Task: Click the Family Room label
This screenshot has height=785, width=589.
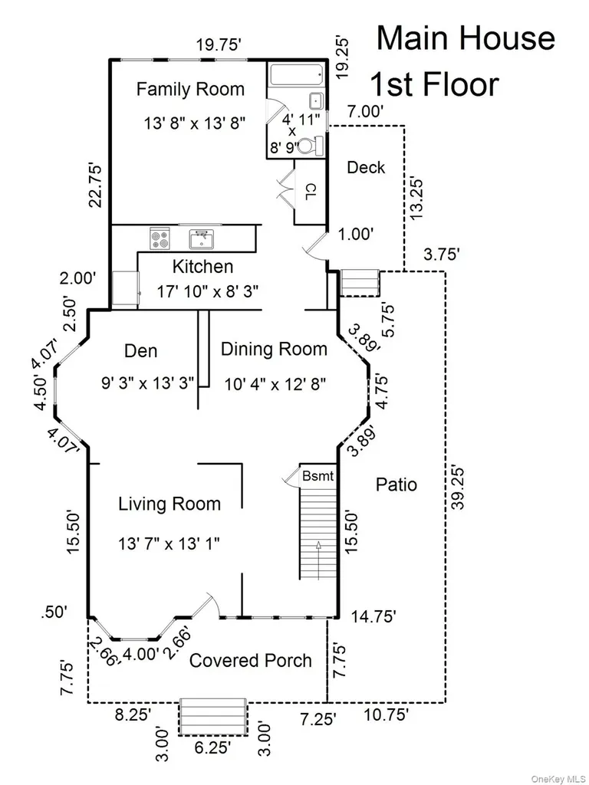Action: [190, 90]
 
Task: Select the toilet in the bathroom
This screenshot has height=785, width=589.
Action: [311, 146]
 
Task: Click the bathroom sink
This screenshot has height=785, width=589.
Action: [317, 100]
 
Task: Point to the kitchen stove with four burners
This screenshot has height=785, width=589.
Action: [160, 238]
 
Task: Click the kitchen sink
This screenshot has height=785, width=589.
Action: [202, 239]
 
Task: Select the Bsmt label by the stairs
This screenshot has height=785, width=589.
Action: [318, 475]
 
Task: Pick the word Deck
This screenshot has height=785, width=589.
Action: [366, 167]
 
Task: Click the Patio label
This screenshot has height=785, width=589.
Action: [397, 484]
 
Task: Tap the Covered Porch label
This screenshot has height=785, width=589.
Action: [251, 661]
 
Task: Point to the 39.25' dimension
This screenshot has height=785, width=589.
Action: [457, 488]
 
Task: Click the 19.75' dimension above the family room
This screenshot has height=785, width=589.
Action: [219, 45]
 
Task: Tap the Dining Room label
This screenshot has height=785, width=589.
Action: [274, 349]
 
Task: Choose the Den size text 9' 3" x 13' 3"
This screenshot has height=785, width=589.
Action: [147, 384]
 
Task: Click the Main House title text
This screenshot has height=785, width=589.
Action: [466, 38]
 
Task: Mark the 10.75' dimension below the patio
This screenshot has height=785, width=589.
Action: [386, 714]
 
